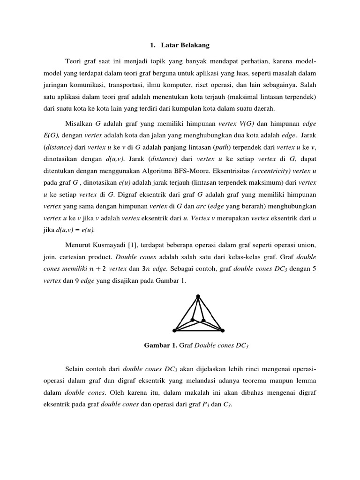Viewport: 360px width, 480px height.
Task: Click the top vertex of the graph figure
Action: coord(198,296)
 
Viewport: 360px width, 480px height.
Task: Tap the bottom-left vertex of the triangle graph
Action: coord(174,330)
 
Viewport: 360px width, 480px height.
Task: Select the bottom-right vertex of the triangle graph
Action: coord(222,330)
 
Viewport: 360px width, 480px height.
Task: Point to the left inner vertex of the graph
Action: coord(192,320)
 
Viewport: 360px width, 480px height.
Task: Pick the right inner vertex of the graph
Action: coord(203,320)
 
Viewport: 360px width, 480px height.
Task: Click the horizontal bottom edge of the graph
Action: coord(198,330)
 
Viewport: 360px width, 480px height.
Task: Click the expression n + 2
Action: coord(89,269)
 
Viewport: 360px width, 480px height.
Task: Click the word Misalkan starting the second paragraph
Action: coord(78,123)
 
